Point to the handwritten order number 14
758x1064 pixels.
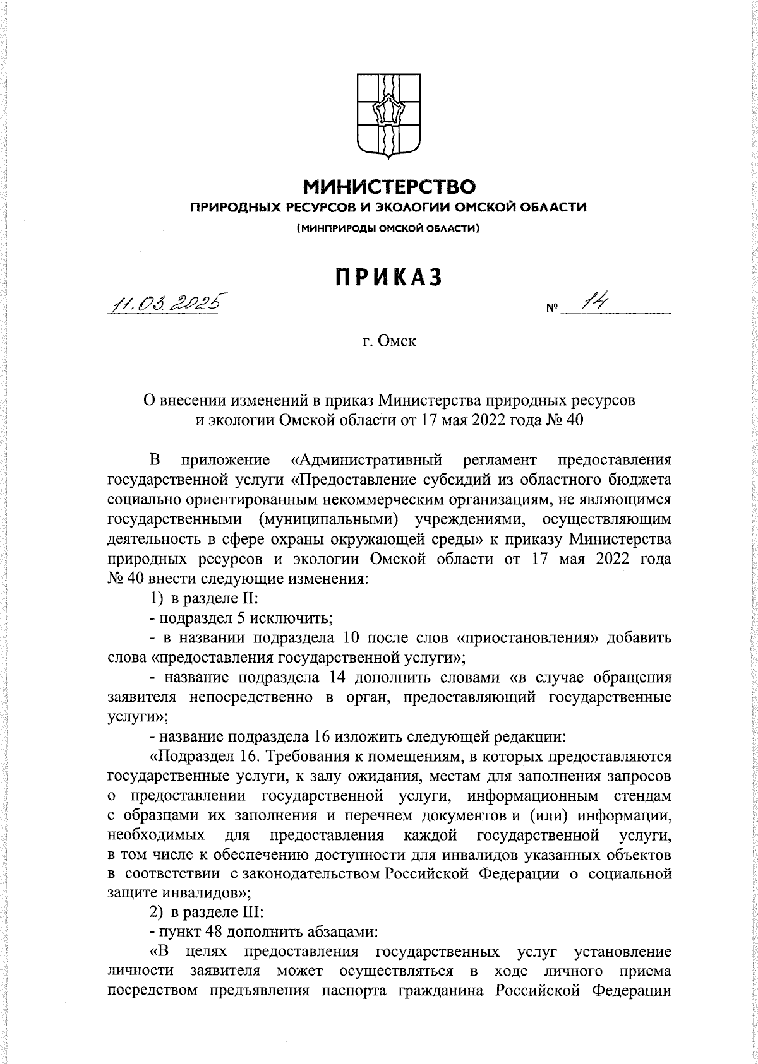(x=594, y=303)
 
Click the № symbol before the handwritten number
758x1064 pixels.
(x=551, y=310)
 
